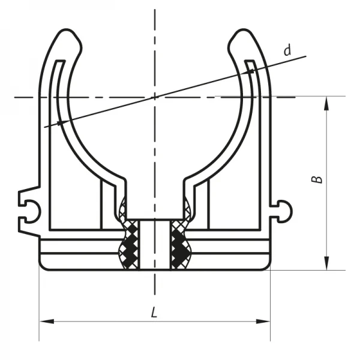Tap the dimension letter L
pyautogui.click(x=154, y=312)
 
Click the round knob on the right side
pyautogui.click(x=287, y=210)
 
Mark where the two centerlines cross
pyautogui.click(x=155, y=97)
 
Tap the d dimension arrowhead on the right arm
pyautogui.click(x=252, y=70)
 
